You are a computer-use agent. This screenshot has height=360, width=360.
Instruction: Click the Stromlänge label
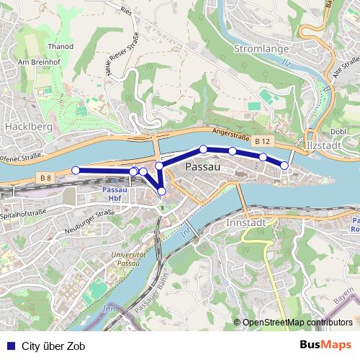click(x=261, y=48)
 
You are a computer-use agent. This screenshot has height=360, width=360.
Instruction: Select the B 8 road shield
click(x=46, y=177)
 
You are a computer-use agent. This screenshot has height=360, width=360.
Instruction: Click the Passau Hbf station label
click(x=115, y=194)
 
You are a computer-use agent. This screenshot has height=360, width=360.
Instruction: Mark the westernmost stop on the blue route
click(x=76, y=170)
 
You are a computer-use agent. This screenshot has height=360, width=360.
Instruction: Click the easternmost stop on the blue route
click(x=284, y=166)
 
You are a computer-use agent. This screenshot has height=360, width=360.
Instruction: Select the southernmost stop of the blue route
click(x=162, y=191)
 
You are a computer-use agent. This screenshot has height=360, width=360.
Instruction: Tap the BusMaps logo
click(x=325, y=346)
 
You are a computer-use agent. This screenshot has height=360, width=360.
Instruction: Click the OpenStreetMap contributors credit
click(x=298, y=322)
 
